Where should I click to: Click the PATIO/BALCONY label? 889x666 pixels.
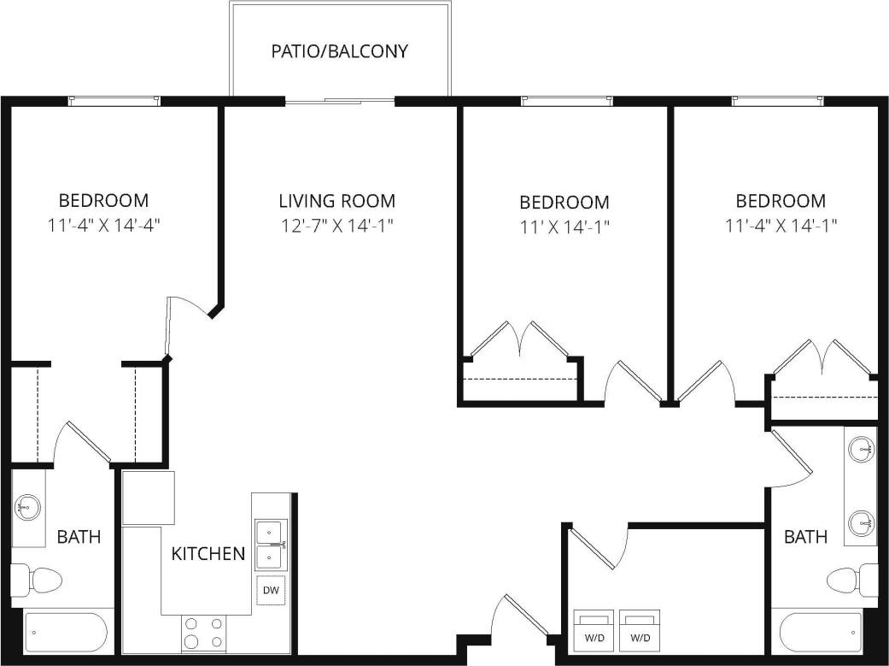click(339, 50)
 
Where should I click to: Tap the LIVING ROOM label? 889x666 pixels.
click(336, 201)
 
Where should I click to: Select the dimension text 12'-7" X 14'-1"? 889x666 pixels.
click(336, 226)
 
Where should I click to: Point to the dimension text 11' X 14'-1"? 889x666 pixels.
click(564, 227)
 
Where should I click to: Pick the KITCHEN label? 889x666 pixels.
click(208, 553)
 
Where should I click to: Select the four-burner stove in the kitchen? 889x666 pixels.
click(204, 634)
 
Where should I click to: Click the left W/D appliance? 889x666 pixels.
click(593, 628)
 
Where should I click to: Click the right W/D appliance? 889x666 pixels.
click(640, 628)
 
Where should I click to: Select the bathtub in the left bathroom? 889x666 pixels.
click(65, 632)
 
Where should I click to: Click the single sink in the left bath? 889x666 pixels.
click(26, 509)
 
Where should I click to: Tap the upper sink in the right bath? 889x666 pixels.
click(862, 447)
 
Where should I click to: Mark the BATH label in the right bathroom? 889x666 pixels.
click(805, 537)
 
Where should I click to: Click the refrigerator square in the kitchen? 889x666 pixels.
click(148, 497)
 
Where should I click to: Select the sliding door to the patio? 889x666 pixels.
click(340, 102)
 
